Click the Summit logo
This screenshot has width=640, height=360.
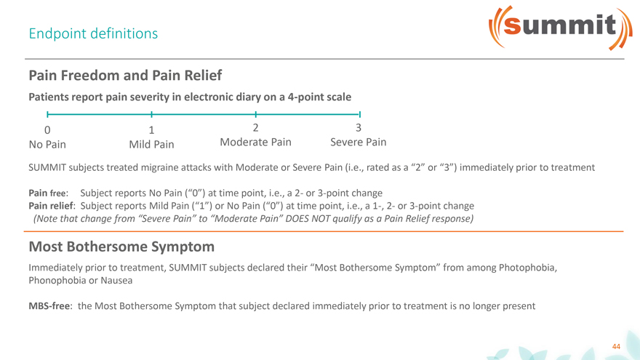[x=561, y=28]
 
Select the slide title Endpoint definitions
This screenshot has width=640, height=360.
[x=93, y=33]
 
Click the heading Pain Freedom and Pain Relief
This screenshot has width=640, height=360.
[x=125, y=75]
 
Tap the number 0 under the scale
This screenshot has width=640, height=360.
[x=47, y=130]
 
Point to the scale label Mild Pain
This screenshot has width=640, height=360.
[x=151, y=145]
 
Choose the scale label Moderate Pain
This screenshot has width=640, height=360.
[x=255, y=142]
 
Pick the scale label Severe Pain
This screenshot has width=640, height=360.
[x=359, y=142]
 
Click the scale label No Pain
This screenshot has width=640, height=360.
[x=47, y=145]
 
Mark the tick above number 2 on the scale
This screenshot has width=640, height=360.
[x=255, y=115]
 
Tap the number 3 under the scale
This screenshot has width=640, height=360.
[x=359, y=128]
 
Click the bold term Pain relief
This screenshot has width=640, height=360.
[x=52, y=206]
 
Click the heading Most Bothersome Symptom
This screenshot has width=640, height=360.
[x=121, y=247]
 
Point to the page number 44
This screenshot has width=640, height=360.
[x=616, y=346]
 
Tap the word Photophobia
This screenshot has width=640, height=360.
[x=528, y=268]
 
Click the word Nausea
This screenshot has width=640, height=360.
[x=116, y=281]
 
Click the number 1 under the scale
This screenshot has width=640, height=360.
[x=151, y=130]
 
